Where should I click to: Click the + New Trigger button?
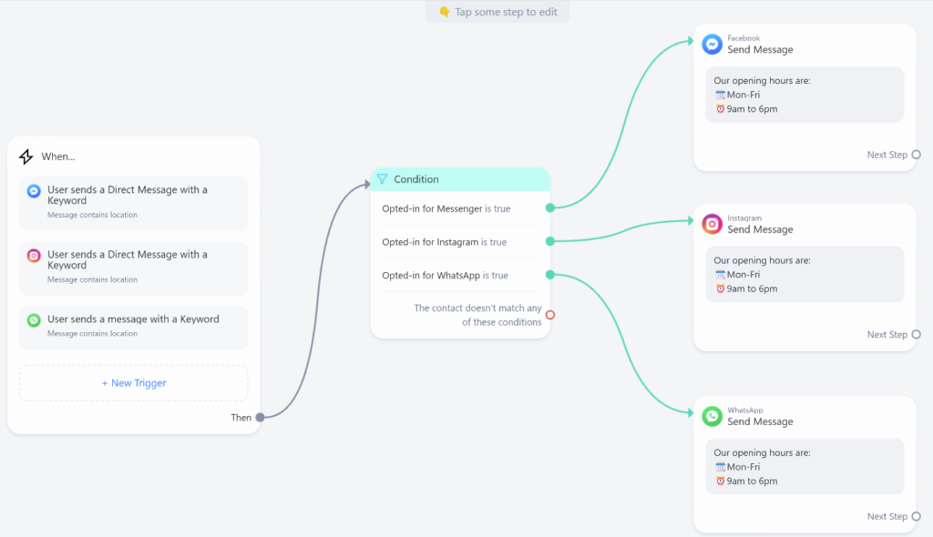coord(134,383)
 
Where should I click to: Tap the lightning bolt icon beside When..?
coord(26,157)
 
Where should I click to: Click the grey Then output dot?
coord(260,418)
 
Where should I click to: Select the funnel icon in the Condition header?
coord(382,179)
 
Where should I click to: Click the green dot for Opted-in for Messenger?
coord(550,208)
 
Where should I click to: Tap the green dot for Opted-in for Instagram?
coord(550,241)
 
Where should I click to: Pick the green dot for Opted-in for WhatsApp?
coord(550,275)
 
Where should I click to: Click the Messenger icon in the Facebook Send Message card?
coord(713,45)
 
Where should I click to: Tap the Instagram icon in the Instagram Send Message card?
coord(713,224)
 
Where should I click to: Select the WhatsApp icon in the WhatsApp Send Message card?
coord(713,416)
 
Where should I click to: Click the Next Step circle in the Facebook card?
coord(917,155)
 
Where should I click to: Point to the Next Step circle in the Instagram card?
coord(917,334)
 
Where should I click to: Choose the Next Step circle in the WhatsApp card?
coord(917,516)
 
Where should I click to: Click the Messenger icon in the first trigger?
coord(34,191)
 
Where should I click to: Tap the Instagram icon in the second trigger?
coord(34,256)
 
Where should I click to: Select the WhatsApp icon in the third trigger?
coord(34,320)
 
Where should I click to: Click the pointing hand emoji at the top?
coord(445,12)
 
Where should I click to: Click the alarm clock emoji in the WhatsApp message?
coord(720,481)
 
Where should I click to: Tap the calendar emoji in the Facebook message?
coord(720,95)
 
